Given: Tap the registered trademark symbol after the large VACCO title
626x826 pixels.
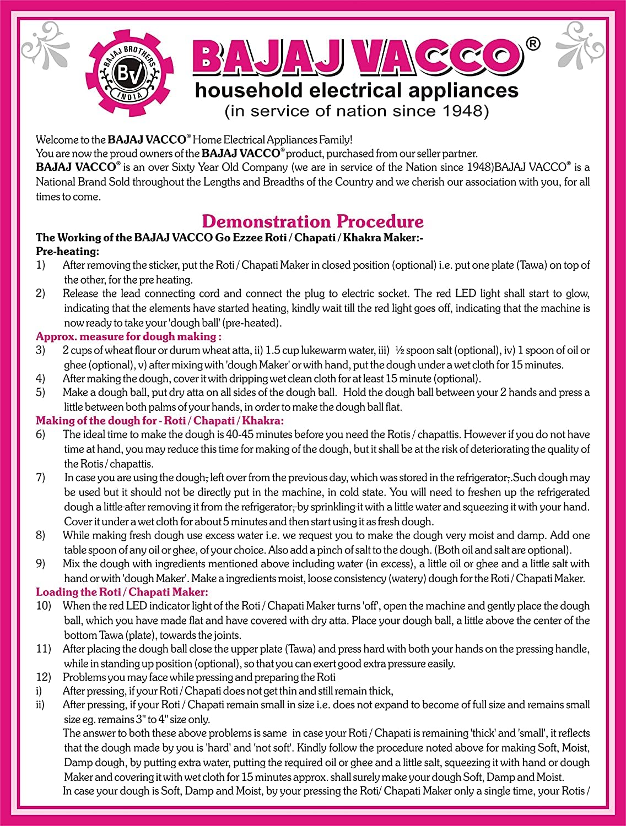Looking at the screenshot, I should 533,44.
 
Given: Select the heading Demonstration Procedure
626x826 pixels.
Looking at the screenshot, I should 312,221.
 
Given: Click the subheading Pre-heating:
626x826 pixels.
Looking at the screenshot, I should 67,252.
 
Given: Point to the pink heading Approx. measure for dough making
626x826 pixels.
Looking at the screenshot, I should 128,336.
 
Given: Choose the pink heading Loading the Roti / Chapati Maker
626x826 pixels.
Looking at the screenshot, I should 122,592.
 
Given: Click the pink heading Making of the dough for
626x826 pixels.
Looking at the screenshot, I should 159,421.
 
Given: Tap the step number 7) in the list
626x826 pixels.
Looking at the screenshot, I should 41,477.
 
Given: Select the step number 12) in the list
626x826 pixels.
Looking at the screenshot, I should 43,677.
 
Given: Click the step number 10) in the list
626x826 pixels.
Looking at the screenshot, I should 43,606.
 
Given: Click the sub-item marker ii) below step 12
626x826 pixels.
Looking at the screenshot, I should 40,705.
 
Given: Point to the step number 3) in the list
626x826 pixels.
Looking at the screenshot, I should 41,350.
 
